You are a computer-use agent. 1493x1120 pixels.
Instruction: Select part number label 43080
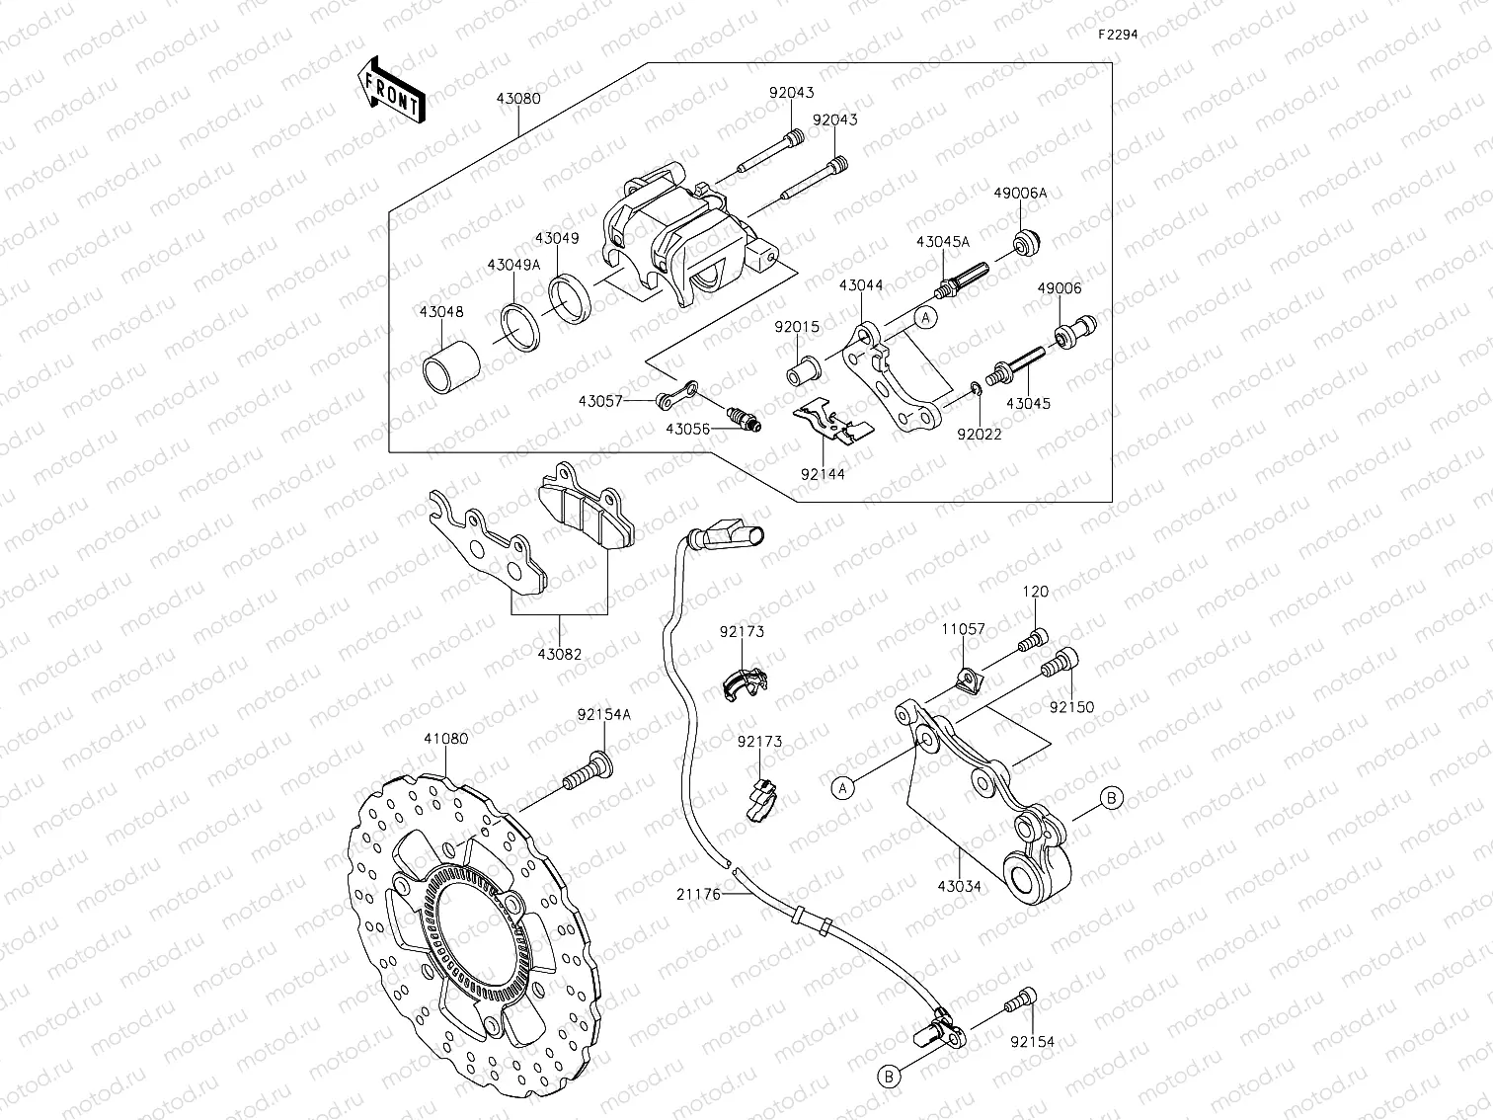click(518, 100)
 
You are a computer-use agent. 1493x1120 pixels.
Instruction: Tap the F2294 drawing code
click(1119, 34)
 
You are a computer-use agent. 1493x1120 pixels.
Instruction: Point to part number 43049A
click(513, 265)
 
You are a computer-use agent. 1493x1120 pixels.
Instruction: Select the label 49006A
click(1021, 194)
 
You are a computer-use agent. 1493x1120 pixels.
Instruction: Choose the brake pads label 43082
click(559, 653)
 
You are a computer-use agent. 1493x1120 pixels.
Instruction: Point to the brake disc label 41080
click(446, 738)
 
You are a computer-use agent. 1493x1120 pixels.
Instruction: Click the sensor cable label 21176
click(699, 894)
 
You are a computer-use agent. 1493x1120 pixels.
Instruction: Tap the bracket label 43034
click(960, 886)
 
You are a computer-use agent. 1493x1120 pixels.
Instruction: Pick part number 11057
click(962, 628)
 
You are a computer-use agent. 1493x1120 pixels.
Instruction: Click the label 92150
click(1071, 707)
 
